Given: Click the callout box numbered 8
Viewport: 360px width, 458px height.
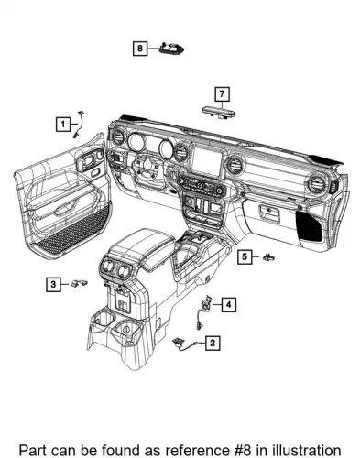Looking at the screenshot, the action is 140,49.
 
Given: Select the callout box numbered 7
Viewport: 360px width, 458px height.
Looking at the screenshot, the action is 222,94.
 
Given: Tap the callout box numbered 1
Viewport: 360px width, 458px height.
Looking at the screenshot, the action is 63,125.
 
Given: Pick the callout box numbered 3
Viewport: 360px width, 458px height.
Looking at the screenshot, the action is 53,285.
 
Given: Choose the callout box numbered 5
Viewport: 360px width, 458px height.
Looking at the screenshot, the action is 245,256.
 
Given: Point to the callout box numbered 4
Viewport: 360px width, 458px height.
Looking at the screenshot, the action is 229,304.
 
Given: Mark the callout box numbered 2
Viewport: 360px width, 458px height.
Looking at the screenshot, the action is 213,343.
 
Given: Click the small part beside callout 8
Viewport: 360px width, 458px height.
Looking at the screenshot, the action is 171,49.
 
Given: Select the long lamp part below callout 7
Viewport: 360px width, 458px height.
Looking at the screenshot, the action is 219,111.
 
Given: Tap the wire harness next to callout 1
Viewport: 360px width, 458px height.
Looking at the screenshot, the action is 79,125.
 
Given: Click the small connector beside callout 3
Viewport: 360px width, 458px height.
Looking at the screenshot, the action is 80,283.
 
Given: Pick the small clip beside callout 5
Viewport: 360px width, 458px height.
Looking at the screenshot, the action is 268,256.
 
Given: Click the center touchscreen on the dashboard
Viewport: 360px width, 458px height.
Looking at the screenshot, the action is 207,161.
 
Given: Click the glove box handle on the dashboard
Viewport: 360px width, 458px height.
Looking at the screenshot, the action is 269,212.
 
